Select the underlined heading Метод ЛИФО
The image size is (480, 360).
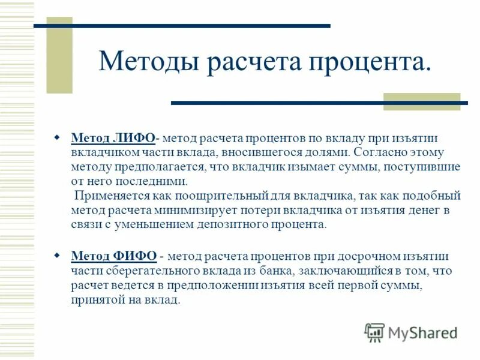(113, 139)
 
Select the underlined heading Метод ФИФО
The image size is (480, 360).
(114, 256)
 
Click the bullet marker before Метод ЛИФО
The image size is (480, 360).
(58, 138)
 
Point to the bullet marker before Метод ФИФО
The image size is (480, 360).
(58, 256)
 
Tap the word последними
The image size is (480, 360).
(155, 181)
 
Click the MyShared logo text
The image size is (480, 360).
(422, 332)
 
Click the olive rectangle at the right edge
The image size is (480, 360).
(421, 101)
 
